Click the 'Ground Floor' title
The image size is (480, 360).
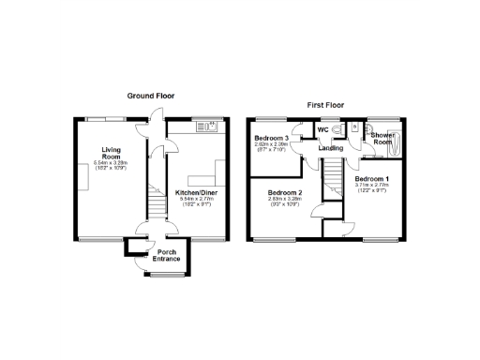[x=151, y=95]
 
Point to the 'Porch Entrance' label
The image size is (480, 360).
[x=168, y=255]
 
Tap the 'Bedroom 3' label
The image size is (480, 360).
[x=270, y=139]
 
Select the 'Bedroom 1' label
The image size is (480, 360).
[x=373, y=178]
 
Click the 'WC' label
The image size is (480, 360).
[x=322, y=130]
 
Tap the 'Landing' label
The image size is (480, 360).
[x=330, y=148]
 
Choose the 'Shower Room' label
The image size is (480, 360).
[x=382, y=139]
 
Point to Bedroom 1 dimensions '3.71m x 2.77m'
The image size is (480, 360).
[x=373, y=185]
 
